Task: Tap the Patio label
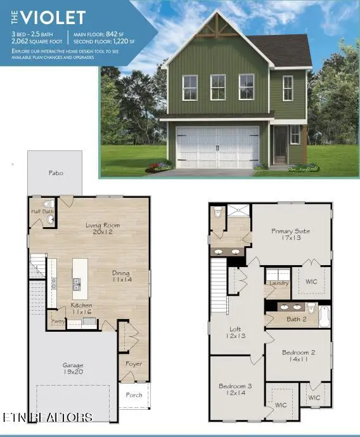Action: click(56, 173)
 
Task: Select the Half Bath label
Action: click(41, 211)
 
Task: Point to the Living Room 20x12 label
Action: click(100, 228)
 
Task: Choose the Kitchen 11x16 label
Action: click(81, 309)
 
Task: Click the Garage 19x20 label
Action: click(72, 369)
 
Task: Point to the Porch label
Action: click(134, 395)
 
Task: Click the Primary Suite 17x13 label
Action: click(290, 235)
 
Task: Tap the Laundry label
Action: click(279, 284)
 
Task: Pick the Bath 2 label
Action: click(296, 319)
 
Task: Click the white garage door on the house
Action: click(217, 147)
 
